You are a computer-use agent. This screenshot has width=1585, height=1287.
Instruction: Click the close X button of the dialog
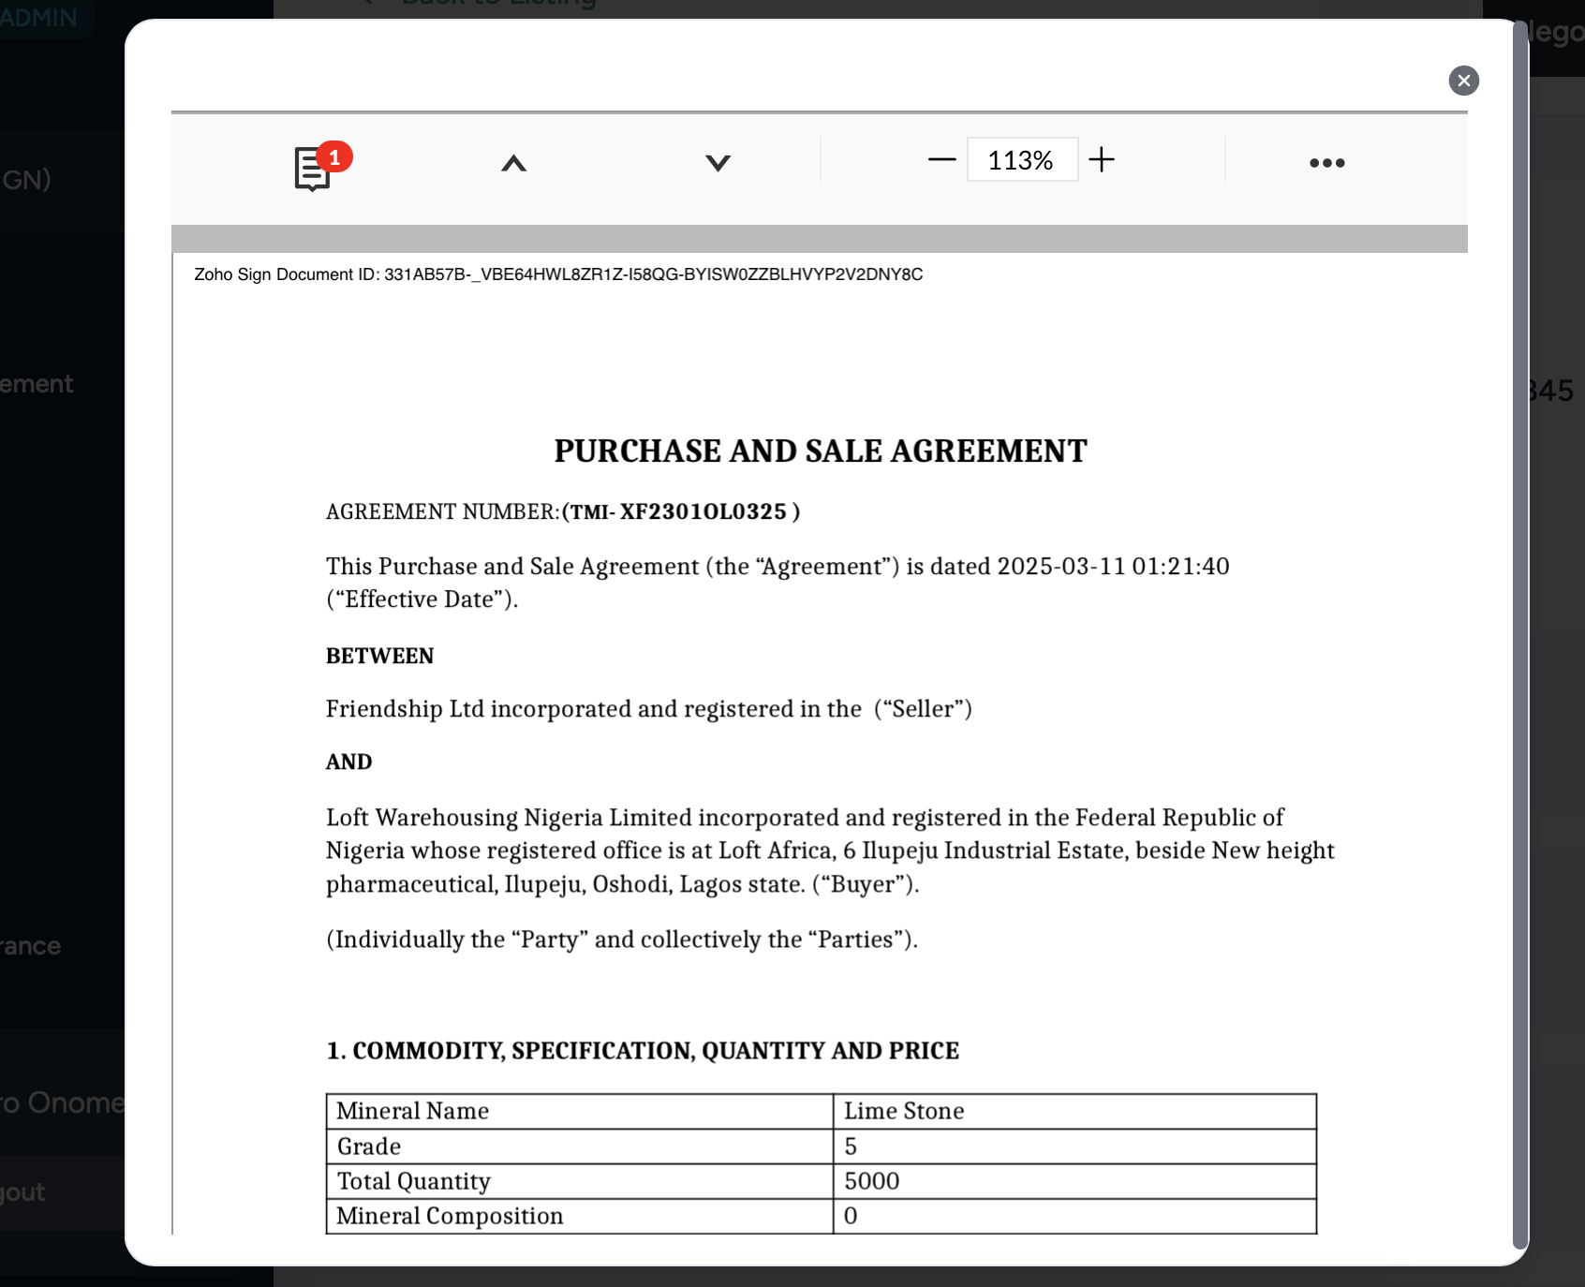click(x=1463, y=81)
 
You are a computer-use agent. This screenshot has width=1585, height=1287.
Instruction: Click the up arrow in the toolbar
click(x=513, y=163)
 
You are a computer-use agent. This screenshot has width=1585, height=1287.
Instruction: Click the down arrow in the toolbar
click(x=718, y=163)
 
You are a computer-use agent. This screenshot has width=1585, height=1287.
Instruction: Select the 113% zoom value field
click(x=1021, y=160)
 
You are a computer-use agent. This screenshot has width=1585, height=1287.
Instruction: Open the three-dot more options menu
click(x=1326, y=163)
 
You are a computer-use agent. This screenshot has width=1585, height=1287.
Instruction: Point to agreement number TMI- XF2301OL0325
click(x=682, y=511)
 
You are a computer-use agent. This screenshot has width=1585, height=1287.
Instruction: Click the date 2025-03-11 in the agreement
click(x=1060, y=566)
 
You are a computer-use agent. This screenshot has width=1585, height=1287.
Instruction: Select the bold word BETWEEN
click(x=379, y=656)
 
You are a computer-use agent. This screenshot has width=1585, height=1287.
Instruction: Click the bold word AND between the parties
click(x=348, y=762)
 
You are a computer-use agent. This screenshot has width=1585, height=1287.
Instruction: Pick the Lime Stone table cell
click(x=904, y=1111)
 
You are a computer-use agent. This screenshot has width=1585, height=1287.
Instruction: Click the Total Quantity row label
click(x=413, y=1181)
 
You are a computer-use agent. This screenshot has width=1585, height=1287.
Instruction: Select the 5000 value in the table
click(x=871, y=1181)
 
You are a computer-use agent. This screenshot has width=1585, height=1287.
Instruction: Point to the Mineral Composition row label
click(x=450, y=1216)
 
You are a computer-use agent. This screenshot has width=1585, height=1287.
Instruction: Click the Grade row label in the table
click(x=369, y=1146)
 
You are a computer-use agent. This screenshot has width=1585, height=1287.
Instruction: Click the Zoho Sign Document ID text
click(x=557, y=274)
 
